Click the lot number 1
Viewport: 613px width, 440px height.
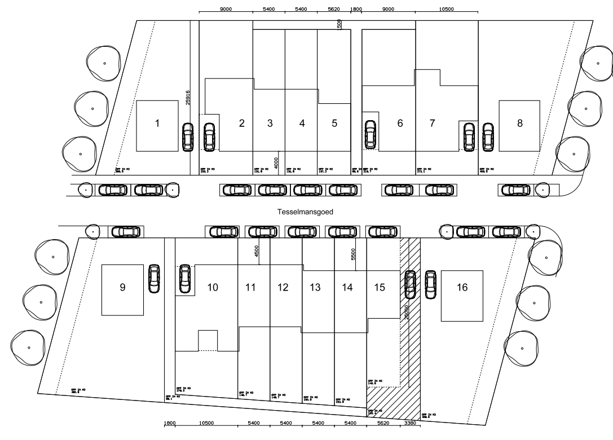point(157,124)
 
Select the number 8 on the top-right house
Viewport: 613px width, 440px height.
point(519,124)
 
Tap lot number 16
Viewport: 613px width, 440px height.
point(462,288)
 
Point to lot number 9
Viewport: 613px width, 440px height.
point(122,287)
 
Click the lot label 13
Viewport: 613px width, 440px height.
point(315,288)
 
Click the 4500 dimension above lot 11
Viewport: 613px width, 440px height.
point(257,252)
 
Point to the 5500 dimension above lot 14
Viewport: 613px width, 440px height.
point(354,254)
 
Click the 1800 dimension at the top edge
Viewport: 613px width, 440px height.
point(356,10)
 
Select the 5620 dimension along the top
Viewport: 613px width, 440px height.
point(334,10)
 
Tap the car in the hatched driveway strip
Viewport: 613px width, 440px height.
point(411,284)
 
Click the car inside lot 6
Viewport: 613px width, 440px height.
point(371,135)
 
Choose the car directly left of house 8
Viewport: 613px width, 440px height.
point(488,137)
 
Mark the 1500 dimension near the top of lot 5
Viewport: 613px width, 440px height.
point(339,24)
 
